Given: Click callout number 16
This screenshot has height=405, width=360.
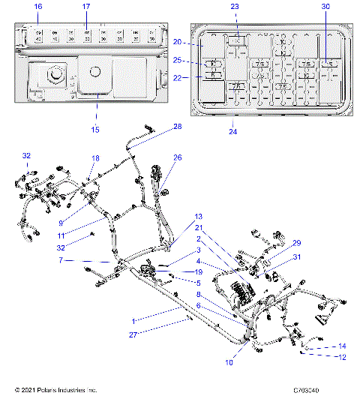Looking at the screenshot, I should pos(38,7).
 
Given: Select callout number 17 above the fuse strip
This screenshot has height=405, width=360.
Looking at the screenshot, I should pos(86,7).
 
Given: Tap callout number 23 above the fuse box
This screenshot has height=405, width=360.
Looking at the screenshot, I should pos(235,7).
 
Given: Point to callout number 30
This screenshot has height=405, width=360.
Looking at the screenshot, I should pos(325,7).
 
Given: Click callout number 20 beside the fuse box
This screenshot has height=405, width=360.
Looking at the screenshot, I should pos(178,42).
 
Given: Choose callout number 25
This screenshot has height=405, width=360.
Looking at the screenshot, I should pos(178,60).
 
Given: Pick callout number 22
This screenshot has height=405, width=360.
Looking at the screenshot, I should pos(178,78).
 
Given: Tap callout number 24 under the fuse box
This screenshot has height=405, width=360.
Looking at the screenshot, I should pos(233,131).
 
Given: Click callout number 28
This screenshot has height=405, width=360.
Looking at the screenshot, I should pos(177,127).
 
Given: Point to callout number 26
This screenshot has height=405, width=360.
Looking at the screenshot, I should pos(178,157).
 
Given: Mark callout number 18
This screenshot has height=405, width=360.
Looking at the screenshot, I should pos(95,158).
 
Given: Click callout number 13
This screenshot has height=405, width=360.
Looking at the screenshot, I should pos(199,217).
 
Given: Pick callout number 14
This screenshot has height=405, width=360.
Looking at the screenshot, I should pos(342,346).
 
